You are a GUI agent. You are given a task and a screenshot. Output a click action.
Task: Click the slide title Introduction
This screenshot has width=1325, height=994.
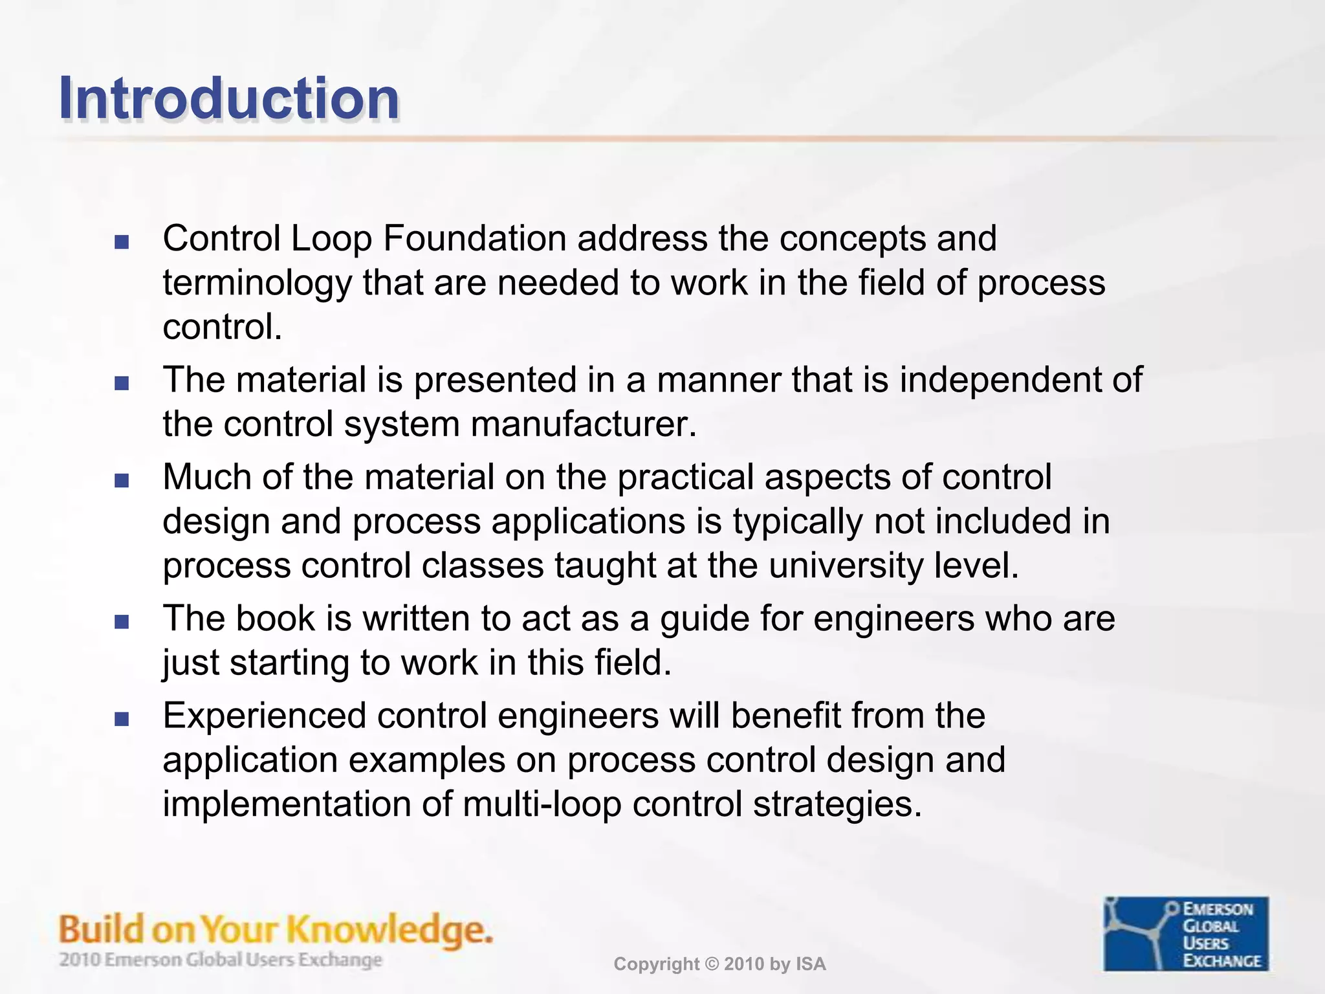pyautogui.click(x=229, y=98)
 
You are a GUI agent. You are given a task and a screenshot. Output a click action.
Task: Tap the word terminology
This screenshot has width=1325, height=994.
pyautogui.click(x=257, y=283)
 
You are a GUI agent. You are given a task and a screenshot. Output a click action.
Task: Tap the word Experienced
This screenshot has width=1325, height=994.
pyautogui.click(x=264, y=716)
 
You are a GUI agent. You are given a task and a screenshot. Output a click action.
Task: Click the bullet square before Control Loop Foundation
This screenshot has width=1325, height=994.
pyautogui.click(x=122, y=243)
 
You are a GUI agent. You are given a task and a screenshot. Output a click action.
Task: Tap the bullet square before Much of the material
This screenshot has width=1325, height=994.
pyautogui.click(x=122, y=481)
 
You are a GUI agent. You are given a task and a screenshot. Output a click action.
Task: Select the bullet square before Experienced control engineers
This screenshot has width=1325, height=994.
pyautogui.click(x=122, y=720)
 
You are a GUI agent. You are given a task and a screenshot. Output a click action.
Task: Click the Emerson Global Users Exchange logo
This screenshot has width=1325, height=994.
pyautogui.click(x=1185, y=933)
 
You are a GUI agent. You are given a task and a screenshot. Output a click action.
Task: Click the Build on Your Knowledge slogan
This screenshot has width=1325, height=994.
pyautogui.click(x=276, y=929)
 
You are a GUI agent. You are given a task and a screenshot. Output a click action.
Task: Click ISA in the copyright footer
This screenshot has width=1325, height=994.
pyautogui.click(x=811, y=964)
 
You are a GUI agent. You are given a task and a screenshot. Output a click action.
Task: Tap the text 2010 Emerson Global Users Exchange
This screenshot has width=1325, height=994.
pyautogui.click(x=220, y=960)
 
